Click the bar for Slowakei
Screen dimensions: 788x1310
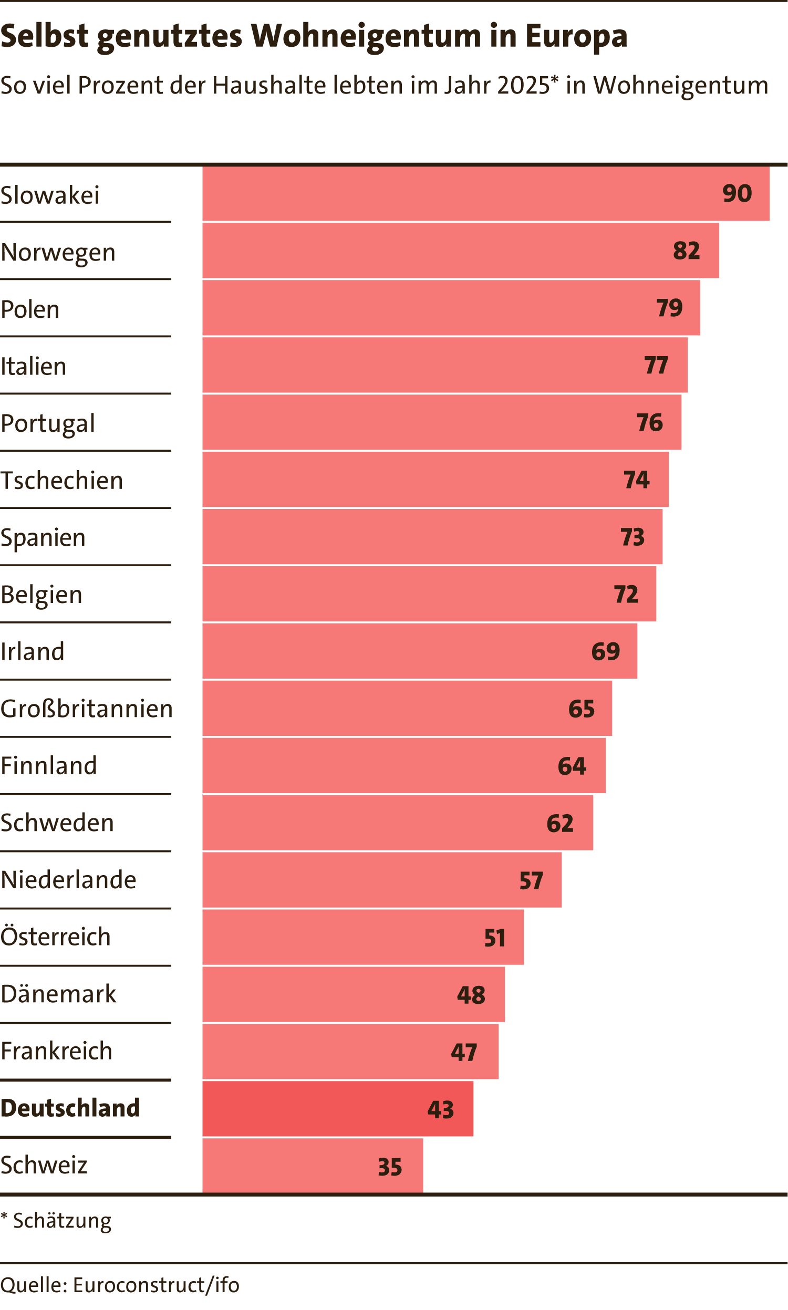(486, 194)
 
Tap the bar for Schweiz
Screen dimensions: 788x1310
(313, 1166)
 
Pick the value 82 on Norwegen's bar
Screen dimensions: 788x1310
(687, 251)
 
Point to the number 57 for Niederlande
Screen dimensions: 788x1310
(531, 880)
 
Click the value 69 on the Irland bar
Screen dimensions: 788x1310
(606, 651)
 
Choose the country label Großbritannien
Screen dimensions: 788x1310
(87, 709)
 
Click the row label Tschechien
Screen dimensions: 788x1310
(61, 481)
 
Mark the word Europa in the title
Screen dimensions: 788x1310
(577, 36)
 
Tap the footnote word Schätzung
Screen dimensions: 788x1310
(62, 1221)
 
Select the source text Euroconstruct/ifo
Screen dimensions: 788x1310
(156, 1285)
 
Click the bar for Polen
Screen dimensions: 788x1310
(451, 308)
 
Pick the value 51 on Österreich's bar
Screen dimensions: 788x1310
(495, 938)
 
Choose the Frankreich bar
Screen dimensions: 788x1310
(350, 1052)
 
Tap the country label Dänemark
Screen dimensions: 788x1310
(58, 994)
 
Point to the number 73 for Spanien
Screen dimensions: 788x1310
(633, 537)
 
